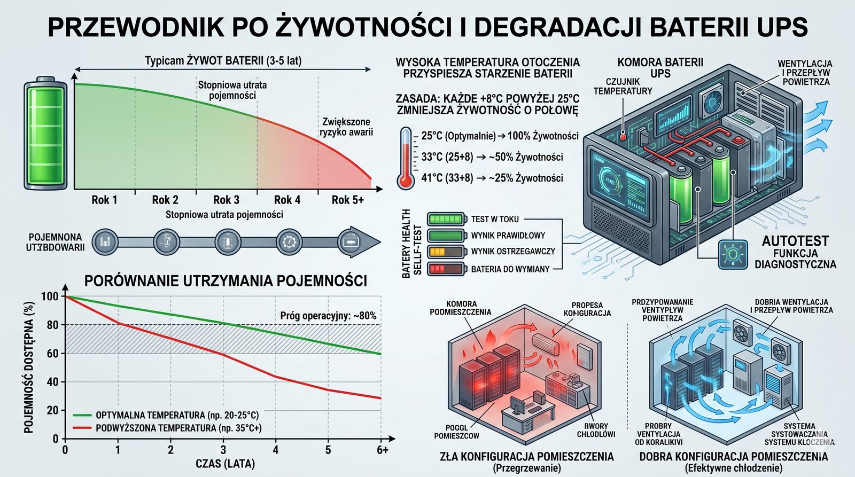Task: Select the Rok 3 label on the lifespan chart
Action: click(226, 200)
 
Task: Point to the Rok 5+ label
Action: click(347, 200)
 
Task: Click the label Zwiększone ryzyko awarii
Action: click(346, 127)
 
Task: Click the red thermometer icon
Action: click(406, 159)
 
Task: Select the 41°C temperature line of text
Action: click(492, 178)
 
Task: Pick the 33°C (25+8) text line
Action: click(492, 157)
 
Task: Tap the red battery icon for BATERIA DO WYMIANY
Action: click(446, 269)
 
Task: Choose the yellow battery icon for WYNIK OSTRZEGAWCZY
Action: click(446, 252)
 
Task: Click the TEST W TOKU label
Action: click(495, 219)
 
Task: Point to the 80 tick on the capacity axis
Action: click(52, 325)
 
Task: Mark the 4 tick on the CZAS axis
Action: click(276, 450)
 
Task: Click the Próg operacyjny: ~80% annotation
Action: click(328, 316)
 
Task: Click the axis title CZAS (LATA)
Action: click(225, 463)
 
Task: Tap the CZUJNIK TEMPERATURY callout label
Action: click(623, 86)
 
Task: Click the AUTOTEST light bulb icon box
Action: click(733, 254)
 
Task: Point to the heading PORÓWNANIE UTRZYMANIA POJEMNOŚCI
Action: click(226, 281)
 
